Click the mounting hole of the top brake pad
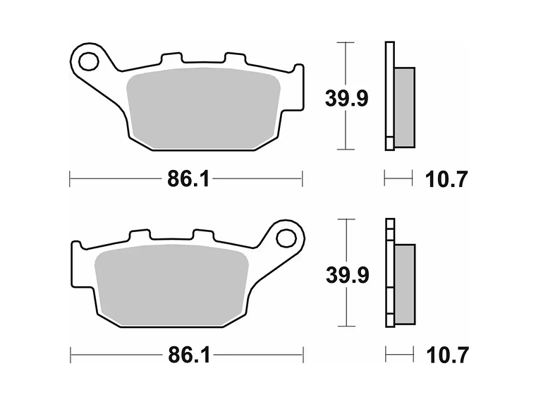88,61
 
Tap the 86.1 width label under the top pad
188,179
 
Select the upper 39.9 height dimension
346,98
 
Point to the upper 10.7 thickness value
446,179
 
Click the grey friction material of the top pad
205,109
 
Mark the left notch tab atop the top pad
169,59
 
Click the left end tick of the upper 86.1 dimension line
70,179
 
